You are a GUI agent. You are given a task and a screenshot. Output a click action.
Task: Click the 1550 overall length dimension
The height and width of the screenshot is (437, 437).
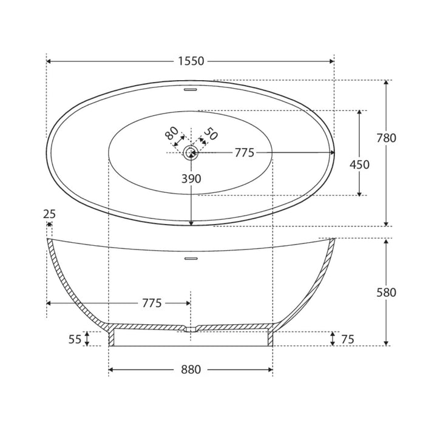(x=191, y=61)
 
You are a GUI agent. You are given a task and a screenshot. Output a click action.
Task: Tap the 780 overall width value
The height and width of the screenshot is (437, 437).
(x=386, y=138)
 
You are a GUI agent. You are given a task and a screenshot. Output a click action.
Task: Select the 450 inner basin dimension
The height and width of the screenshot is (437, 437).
(x=359, y=164)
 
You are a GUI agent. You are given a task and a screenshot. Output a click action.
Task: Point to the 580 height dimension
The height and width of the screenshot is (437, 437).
(x=386, y=293)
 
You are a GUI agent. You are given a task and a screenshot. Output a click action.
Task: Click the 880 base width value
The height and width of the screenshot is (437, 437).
(x=191, y=370)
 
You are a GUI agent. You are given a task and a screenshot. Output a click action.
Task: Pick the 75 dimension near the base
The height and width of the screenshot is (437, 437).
(x=348, y=339)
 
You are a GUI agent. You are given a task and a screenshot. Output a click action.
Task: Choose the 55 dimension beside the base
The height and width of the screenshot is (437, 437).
(x=75, y=339)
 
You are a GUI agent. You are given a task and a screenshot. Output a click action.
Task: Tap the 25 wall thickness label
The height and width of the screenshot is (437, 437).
(x=49, y=214)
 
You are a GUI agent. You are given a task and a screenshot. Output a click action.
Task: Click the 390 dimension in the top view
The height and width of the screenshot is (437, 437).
(x=191, y=178)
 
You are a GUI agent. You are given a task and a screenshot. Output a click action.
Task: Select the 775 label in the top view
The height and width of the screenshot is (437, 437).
(x=245, y=153)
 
